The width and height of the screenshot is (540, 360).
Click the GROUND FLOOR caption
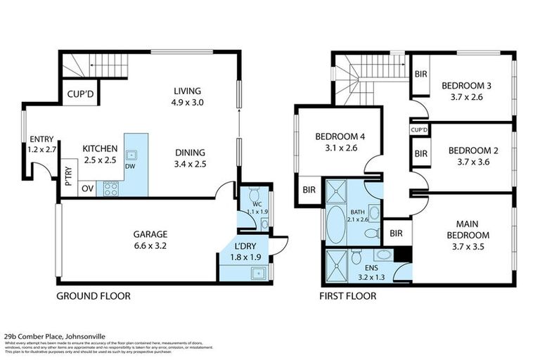coord(93,296)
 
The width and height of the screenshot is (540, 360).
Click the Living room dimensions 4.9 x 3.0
coord(188,103)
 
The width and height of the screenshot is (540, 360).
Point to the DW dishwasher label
coord(130,167)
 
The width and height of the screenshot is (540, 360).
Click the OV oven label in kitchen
coord(88,188)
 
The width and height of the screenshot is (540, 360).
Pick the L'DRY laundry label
coord(244,245)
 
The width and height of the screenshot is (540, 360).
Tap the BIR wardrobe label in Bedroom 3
coord(421,73)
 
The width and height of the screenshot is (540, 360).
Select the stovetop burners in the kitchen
coord(112,188)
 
